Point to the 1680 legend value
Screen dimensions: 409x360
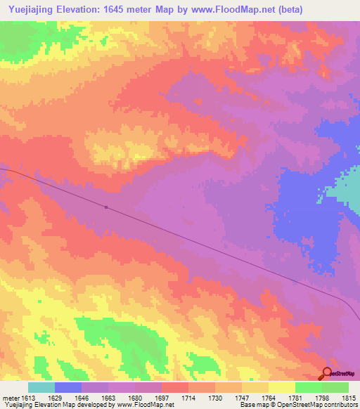click(x=145, y=397)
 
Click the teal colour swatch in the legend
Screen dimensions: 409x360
click(x=41, y=387)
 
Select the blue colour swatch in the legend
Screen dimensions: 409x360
click(x=68, y=387)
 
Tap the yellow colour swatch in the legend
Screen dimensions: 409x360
click(x=281, y=387)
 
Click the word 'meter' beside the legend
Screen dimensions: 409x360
click(x=11, y=397)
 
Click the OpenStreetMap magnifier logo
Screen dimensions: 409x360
click(x=326, y=373)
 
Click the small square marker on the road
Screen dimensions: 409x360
click(x=105, y=207)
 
